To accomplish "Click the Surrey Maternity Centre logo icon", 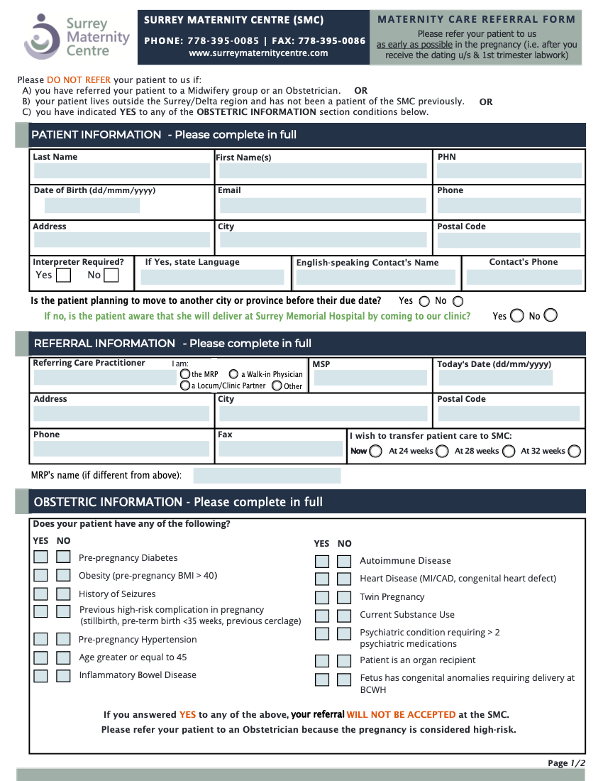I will (42, 36).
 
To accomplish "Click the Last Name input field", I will (121, 170).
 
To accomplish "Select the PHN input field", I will (509, 170).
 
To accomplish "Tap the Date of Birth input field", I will (92, 206).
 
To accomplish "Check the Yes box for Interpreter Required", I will (63, 275).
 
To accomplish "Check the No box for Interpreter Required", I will (111, 275).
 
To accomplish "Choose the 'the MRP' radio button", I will (185, 374).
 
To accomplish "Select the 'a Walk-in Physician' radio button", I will (233, 374).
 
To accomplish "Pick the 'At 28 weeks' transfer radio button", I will (509, 451).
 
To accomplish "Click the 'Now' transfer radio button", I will (375, 451).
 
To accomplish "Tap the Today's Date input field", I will (495, 378).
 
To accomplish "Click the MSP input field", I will (370, 378).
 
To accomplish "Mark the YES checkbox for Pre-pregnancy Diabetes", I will (40, 557).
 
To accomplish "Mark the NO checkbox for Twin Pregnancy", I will (344, 597).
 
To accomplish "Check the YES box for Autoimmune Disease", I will (322, 561).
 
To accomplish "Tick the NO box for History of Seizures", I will (64, 594).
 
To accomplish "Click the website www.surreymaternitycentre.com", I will (258, 53).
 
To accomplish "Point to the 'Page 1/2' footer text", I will (566, 763).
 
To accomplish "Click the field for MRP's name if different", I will (267, 475).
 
